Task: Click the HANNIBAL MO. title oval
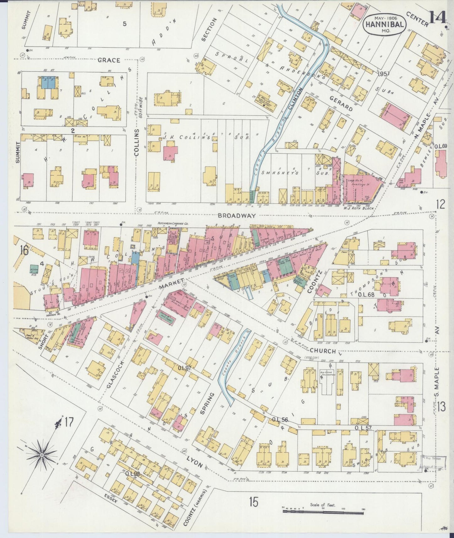pyautogui.click(x=384, y=22)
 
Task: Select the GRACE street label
pyautogui.click(x=109, y=60)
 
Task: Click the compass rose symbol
pyautogui.click(x=41, y=455)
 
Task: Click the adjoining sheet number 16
pyautogui.click(x=24, y=250)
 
